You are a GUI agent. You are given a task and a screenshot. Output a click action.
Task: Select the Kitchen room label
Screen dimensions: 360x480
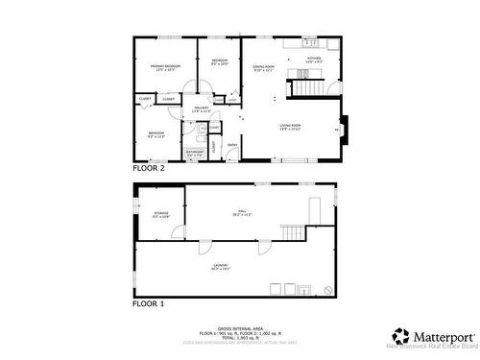click(313, 60)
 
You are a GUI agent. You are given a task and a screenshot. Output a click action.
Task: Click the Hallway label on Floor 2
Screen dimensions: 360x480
click(201, 109)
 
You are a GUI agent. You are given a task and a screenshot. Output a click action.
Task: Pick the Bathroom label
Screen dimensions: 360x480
click(194, 152)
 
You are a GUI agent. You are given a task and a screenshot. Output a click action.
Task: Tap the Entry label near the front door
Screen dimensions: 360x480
click(232, 145)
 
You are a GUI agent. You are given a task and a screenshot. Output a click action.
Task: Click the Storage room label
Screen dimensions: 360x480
click(160, 215)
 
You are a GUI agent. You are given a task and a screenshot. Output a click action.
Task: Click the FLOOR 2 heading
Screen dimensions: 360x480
click(149, 168)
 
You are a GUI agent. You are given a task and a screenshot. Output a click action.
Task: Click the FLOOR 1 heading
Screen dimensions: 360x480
click(149, 303)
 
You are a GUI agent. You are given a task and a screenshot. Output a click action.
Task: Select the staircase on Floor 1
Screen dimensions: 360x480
click(293, 231)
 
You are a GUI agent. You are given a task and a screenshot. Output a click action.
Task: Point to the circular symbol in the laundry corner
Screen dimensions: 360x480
click(328, 288)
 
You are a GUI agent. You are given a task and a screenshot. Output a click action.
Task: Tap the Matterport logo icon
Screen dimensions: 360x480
click(400, 337)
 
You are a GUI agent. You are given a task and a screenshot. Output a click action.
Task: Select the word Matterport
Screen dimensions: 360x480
click(444, 337)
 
